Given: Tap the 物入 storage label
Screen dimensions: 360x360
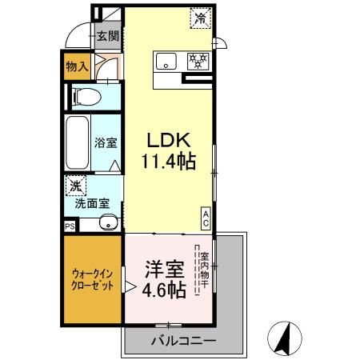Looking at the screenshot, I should click(77, 67).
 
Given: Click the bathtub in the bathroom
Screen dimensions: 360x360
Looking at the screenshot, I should click(78, 144).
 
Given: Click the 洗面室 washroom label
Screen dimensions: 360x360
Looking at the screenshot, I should click(92, 203).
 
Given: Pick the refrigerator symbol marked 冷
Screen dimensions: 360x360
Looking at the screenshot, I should click(198, 17).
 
